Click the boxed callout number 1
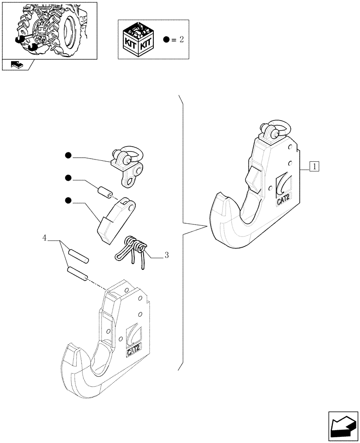click(x=314, y=167)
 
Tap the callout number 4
click(x=44, y=238)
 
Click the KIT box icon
click(x=138, y=39)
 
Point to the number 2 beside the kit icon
click(x=181, y=39)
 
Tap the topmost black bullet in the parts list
click(x=68, y=155)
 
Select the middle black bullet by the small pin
click(x=68, y=178)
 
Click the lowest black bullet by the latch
click(x=68, y=201)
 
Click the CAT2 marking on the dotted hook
click(x=134, y=351)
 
